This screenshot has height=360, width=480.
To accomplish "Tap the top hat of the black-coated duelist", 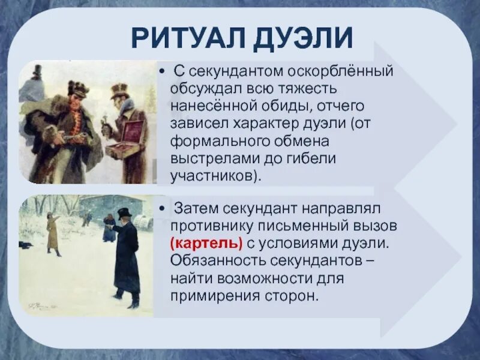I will tap(124, 213).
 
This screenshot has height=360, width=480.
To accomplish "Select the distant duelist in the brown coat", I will tap(52, 234).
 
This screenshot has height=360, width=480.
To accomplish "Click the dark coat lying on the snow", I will tap(25, 245).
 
